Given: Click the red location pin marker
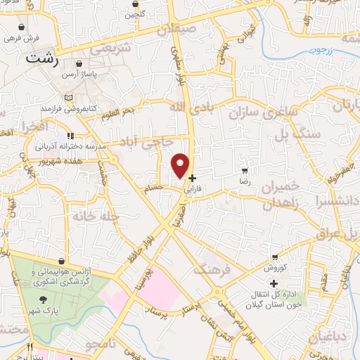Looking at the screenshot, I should tap(181, 165).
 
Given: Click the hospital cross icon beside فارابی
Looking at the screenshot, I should tap(193, 179).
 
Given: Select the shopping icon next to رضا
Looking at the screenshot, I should tap(245, 171).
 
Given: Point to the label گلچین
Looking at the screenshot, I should tap(134, 13).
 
